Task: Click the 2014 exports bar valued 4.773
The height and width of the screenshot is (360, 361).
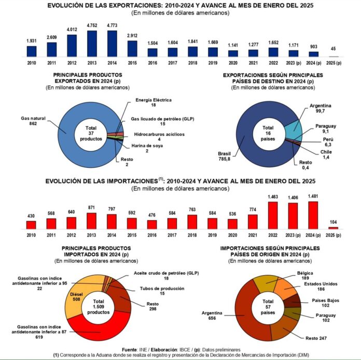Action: point(112,43)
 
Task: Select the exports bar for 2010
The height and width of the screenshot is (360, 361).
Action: point(32,51)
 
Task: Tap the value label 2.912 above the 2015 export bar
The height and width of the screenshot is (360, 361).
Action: point(132,36)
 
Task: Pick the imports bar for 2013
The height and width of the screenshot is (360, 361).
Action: point(92,221)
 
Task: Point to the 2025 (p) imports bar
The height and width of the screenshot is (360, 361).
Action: point(332,227)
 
